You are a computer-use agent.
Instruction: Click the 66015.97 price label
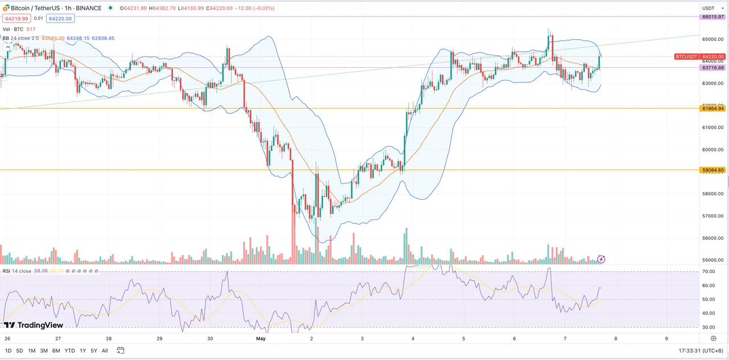tap(713, 17)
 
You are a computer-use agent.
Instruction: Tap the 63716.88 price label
tap(713, 68)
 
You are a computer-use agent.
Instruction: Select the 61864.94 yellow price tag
tap(713, 108)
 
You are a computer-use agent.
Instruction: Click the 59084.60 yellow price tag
tap(713, 170)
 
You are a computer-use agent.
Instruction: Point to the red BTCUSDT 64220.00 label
tap(700, 56)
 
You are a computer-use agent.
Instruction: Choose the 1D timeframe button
tap(8, 351)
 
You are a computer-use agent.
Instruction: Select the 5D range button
tap(20, 351)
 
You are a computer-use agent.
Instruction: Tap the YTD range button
tap(69, 351)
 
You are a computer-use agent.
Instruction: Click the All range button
tap(105, 351)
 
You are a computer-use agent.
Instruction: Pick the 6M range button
tap(56, 351)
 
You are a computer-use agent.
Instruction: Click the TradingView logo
tap(34, 325)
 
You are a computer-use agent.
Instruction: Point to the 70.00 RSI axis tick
tap(708, 271)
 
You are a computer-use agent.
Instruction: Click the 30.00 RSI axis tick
tap(708, 327)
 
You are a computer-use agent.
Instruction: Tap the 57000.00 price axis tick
tap(712, 216)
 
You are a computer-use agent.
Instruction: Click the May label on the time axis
tap(261, 338)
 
